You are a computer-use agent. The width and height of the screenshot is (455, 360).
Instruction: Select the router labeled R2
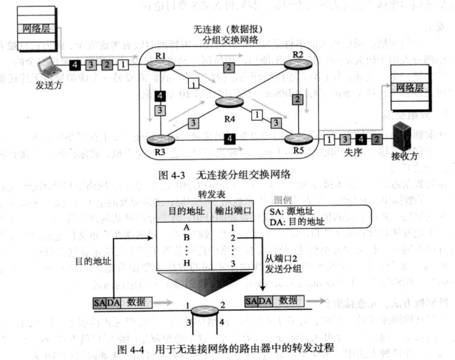297,65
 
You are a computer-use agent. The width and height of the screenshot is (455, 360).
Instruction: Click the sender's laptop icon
47,67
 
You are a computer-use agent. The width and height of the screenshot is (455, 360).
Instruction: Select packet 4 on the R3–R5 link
230,138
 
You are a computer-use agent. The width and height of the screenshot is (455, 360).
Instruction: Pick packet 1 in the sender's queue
123,65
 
